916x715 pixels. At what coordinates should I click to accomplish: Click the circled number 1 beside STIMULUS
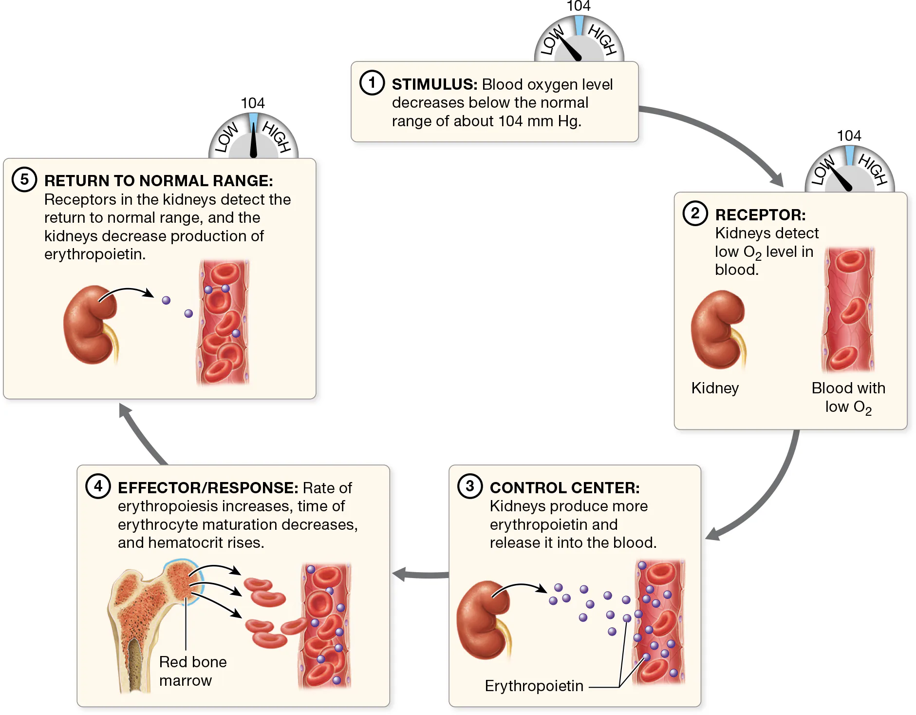tap(372, 82)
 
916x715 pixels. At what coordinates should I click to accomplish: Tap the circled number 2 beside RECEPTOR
tap(695, 213)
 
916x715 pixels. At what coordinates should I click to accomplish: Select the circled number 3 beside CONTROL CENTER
tap(470, 486)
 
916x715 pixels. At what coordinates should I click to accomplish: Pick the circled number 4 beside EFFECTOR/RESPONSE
tap(98, 486)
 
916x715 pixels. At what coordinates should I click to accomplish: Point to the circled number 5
tap(24, 179)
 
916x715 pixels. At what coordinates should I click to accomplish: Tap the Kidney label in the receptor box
tap(715, 388)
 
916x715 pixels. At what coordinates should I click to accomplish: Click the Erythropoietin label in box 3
tap(534, 686)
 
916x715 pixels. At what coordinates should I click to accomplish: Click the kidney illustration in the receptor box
tap(718, 329)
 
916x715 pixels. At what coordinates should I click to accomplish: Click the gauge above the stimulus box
tap(579, 41)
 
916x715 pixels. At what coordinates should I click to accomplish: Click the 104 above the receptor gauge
tap(849, 135)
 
